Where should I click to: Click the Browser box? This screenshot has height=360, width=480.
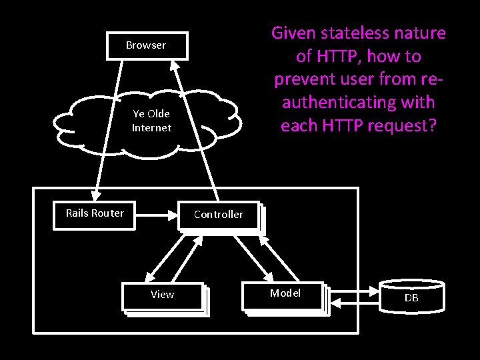(x=146, y=45)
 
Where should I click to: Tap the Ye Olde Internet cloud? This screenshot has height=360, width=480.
(x=151, y=121)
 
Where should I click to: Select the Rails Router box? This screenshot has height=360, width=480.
(x=95, y=214)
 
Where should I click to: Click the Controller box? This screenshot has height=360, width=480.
(x=219, y=215)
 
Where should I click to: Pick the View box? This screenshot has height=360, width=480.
(x=162, y=295)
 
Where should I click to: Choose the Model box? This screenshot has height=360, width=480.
(x=285, y=294)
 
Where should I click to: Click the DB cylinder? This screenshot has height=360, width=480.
(x=411, y=297)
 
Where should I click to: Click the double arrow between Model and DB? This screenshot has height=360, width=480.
(x=354, y=295)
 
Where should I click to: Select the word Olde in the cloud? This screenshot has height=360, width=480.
(x=158, y=114)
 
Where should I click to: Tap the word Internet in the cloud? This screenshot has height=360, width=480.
(x=151, y=127)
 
